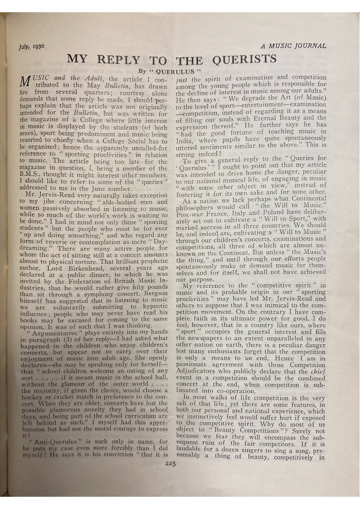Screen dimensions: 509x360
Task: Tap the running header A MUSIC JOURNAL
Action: click(x=293, y=46)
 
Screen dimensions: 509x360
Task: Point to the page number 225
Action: click(x=170, y=463)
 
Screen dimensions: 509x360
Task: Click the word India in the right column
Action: click(x=185, y=141)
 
